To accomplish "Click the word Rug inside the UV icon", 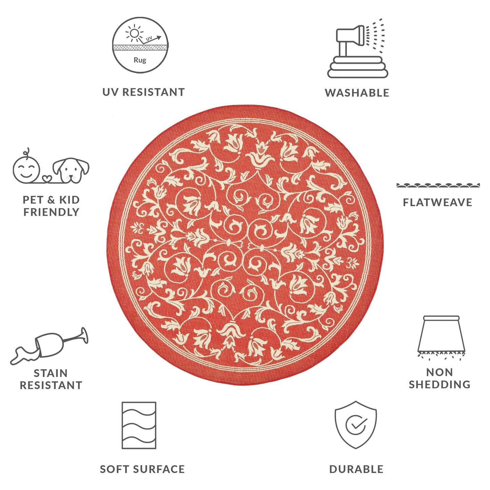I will (x=140, y=60).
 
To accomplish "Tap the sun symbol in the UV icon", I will (x=135, y=33).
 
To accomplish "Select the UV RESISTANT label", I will (x=143, y=92).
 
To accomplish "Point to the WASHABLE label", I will (x=357, y=93).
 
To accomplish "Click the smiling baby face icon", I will (x=26, y=168).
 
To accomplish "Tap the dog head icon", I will (x=72, y=170).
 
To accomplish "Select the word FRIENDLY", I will (x=51, y=212).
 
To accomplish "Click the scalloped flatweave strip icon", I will (x=438, y=185).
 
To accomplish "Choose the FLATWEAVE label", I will (x=437, y=202).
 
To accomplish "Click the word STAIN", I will (x=51, y=373).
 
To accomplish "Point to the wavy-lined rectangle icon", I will (x=139, y=425).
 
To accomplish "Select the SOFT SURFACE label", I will (x=142, y=469).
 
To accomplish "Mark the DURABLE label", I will (x=356, y=469).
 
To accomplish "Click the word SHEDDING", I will (x=439, y=385).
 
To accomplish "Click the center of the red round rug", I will (x=245, y=245).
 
